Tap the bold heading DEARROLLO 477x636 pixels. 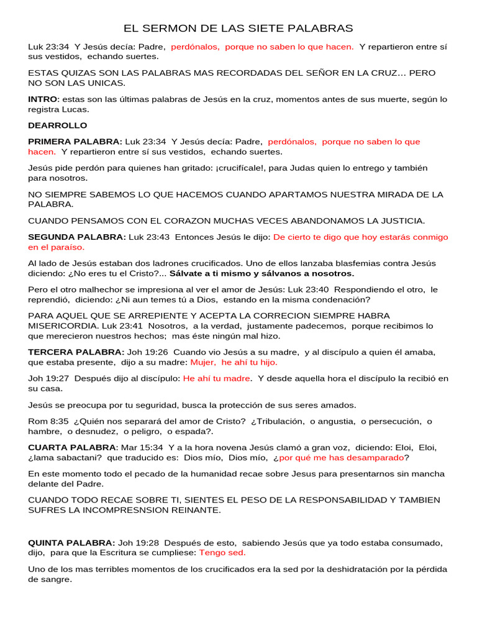58,125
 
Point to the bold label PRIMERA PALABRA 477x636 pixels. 75,142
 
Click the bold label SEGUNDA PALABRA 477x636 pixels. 76,237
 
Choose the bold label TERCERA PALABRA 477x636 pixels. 76,352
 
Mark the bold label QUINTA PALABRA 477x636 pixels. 71,543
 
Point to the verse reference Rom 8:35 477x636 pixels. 48,421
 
